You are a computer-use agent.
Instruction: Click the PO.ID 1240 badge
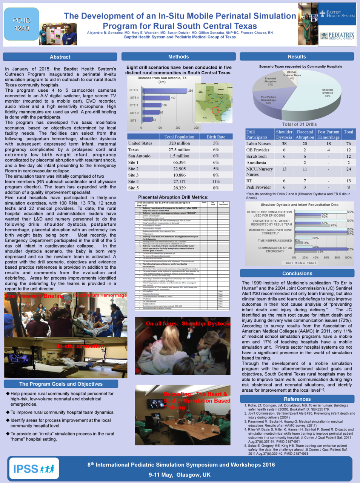click(x=22, y=24)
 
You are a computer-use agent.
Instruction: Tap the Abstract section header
click(x=60, y=57)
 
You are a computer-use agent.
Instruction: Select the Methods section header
click(x=178, y=57)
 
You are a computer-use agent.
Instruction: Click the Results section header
click(x=297, y=57)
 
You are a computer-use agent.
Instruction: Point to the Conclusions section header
click(x=297, y=273)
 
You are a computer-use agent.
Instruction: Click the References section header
click(x=297, y=399)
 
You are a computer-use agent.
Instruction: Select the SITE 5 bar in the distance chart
click(x=165, y=91)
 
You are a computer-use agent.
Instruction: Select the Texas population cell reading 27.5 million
click(x=179, y=150)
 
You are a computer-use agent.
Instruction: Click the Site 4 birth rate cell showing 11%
click(x=216, y=182)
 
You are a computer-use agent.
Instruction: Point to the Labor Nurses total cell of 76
click(x=348, y=143)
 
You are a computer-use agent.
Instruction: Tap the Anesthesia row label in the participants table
click(x=256, y=163)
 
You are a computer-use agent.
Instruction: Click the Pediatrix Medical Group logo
click(x=337, y=36)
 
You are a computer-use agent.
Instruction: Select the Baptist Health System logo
click(x=337, y=14)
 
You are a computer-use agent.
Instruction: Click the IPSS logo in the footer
click(x=34, y=469)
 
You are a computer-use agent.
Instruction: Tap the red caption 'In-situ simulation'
click(x=80, y=346)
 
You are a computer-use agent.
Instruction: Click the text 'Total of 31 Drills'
click(x=299, y=124)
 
